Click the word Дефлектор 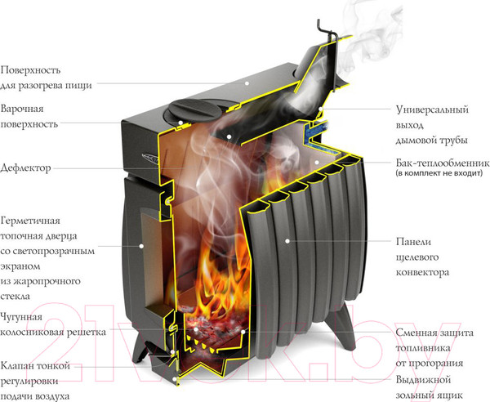(x=27, y=167)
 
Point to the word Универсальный (x=432, y=109)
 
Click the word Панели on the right (x=412, y=242)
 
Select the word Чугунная (x=24, y=317)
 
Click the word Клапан (x=19, y=365)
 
